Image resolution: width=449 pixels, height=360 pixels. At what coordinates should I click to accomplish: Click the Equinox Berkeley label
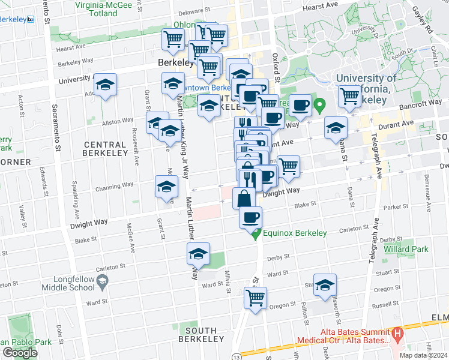tap(294, 233)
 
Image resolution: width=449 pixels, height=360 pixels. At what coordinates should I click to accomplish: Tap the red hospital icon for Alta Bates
tap(396, 333)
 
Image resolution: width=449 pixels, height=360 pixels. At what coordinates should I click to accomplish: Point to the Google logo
tap(20, 353)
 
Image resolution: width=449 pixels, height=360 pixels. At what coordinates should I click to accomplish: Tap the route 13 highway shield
tap(237, 356)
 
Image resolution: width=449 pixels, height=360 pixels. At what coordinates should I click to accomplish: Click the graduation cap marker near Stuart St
tap(325, 285)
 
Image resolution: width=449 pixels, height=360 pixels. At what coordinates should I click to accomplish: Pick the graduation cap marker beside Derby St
tap(198, 254)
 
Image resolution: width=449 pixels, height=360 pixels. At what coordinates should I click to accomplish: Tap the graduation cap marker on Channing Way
tap(166, 187)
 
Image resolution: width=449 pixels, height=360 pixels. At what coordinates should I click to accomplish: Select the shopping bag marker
tap(244, 197)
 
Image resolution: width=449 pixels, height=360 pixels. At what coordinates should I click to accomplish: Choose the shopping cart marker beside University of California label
tap(349, 95)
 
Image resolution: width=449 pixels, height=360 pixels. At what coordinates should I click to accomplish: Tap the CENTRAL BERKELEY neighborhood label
tap(105, 149)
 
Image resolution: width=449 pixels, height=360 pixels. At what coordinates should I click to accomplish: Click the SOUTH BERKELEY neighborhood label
tap(201, 335)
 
